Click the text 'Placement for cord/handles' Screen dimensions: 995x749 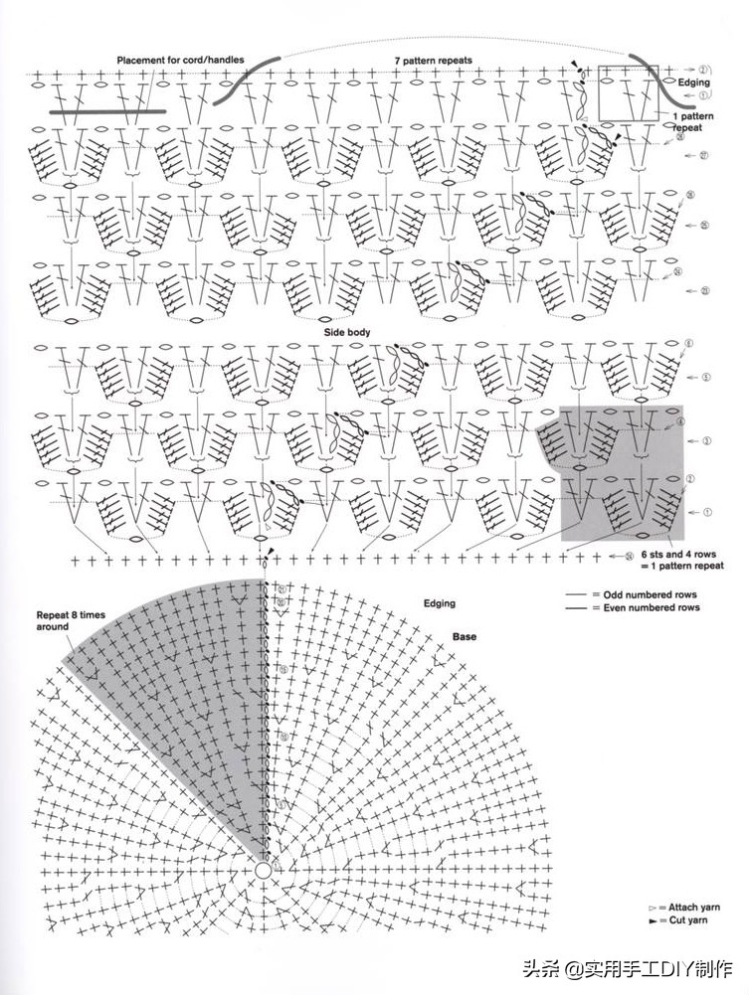[x=180, y=61]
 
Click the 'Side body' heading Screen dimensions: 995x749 [x=346, y=331]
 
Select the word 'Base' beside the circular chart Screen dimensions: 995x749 [x=466, y=635]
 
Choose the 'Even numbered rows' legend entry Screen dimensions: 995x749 [x=648, y=607]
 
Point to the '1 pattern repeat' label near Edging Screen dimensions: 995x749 [x=692, y=122]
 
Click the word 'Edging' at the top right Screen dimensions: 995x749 [x=693, y=82]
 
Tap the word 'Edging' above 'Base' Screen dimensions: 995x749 [x=439, y=603]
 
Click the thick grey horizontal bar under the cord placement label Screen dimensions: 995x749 [x=107, y=111]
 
